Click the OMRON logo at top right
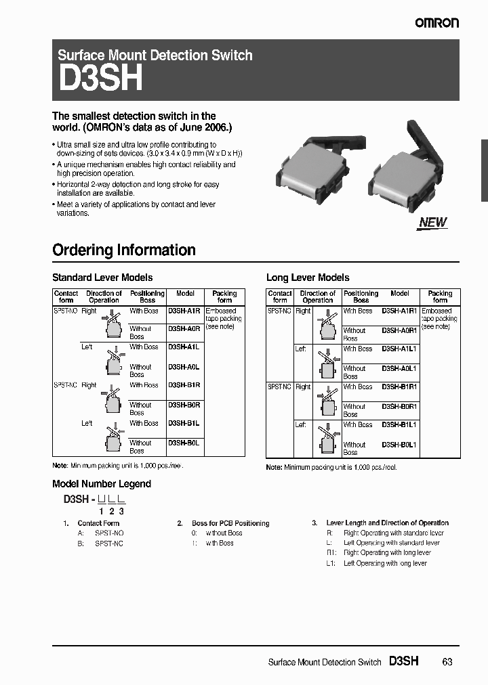(436, 23)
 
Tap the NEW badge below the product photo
(432, 222)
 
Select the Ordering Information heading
(124, 250)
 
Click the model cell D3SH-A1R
(184, 311)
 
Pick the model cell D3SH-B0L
(184, 443)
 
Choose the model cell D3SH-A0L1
(399, 368)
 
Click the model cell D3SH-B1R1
(399, 386)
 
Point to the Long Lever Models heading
(308, 278)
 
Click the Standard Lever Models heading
(102, 278)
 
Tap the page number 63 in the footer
(447, 662)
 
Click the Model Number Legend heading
(102, 484)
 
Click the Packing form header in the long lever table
(440, 296)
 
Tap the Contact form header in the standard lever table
(66, 296)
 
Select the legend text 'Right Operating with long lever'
(387, 553)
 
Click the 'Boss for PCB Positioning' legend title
(230, 523)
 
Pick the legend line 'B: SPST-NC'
(100, 543)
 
